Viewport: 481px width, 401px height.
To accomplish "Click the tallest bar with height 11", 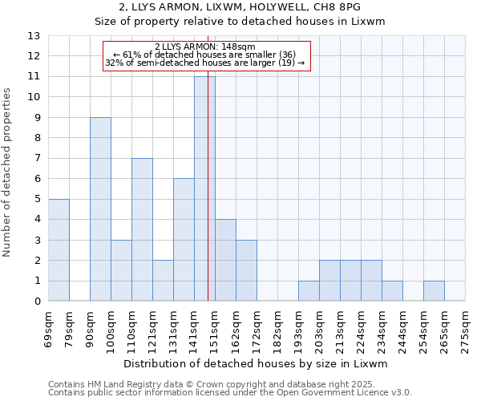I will tap(204, 188).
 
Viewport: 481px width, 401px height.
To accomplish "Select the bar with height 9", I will tap(100, 209).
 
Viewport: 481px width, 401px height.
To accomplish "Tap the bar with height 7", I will tap(142, 229).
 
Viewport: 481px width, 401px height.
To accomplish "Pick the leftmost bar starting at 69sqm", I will tap(59, 249).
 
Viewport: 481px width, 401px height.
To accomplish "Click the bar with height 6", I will tap(184, 239).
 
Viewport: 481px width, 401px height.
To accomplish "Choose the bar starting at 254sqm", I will tap(434, 291).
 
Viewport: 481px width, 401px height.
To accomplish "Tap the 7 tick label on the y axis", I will tap(37, 159).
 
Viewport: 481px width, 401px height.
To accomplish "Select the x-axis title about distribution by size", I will tap(257, 363).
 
